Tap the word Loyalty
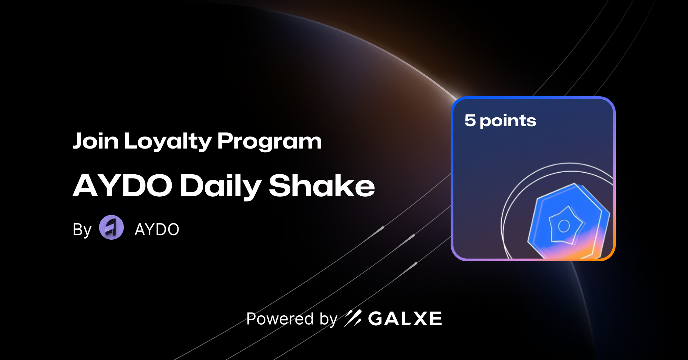168,141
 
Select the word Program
269,141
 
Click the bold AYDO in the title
122,186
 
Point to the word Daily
220,186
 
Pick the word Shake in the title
322,186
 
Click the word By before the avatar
82,229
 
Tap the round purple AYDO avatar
111,227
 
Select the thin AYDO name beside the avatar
157,229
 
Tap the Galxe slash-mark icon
353,318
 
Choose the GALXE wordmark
405,319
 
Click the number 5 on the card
470,120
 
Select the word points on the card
508,121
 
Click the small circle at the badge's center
564,226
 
